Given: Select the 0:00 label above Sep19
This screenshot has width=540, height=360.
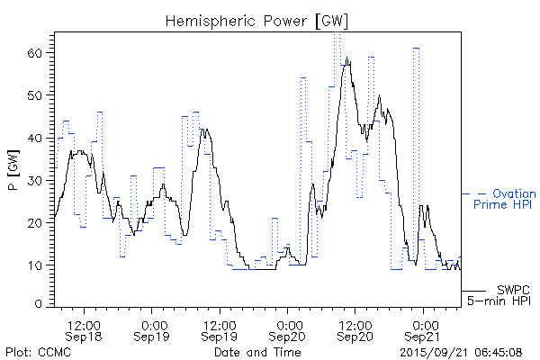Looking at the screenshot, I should pos(153,324).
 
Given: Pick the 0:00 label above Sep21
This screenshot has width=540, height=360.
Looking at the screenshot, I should pos(423,324).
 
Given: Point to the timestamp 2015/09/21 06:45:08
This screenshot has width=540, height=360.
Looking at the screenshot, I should pos(461,351).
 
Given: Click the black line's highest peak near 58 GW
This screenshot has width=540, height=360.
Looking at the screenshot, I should pos(347,58).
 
